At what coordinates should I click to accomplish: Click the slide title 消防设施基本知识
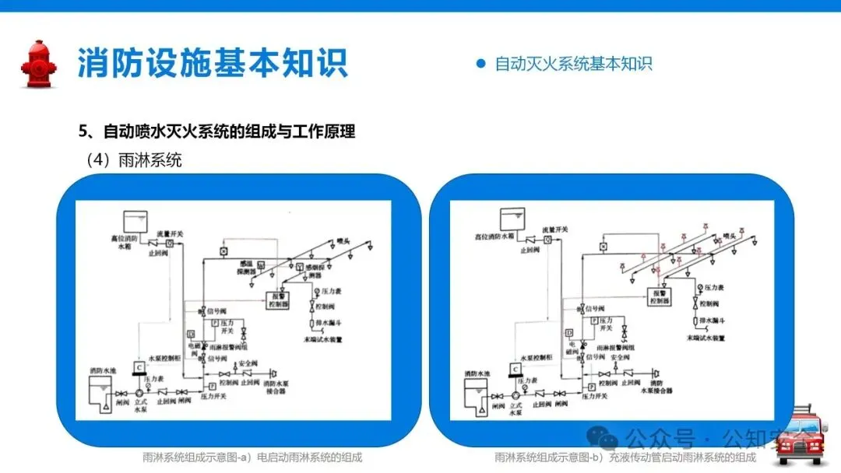[213, 63]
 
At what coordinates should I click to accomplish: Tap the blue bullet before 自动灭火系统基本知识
[480, 64]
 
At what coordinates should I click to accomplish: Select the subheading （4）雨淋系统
[133, 160]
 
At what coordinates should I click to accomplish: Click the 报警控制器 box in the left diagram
[278, 300]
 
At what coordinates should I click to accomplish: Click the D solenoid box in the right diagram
[570, 333]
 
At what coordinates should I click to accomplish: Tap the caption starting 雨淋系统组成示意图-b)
[625, 457]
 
